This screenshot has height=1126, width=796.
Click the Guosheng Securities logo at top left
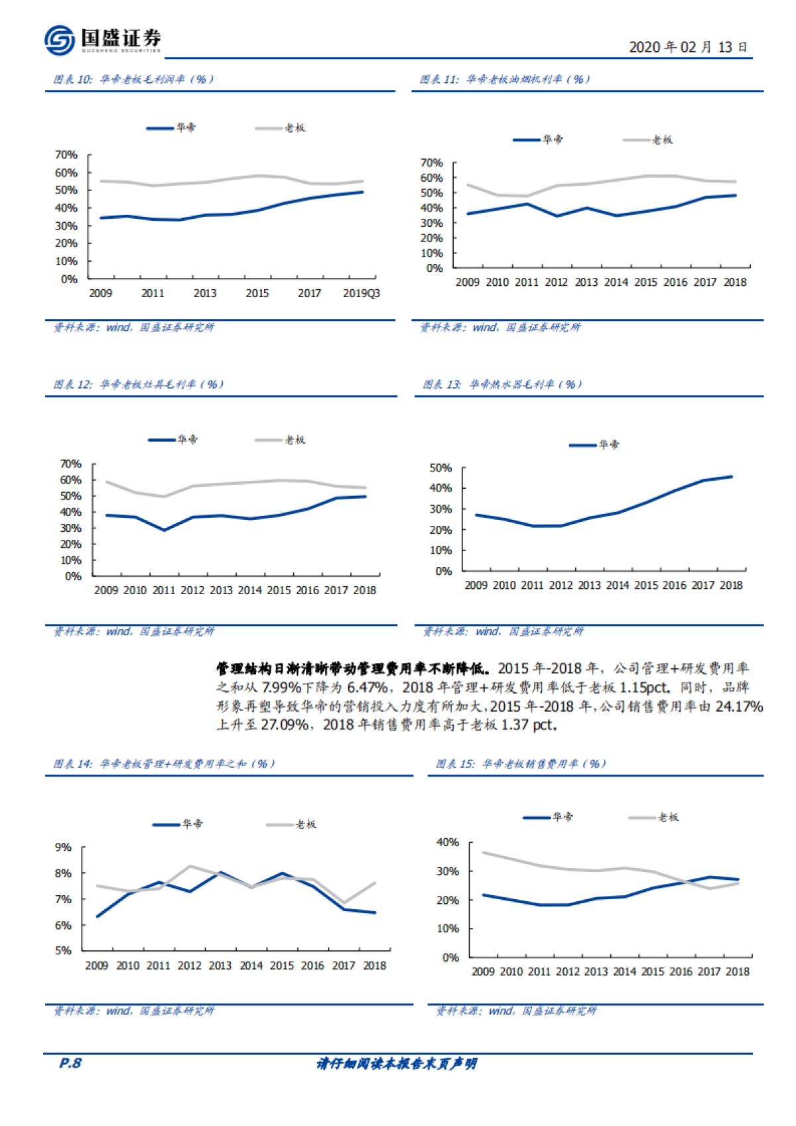click(103, 40)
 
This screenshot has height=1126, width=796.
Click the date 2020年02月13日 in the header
click(688, 47)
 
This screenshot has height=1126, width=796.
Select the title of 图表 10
click(133, 80)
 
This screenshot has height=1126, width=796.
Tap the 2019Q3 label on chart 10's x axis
click(362, 293)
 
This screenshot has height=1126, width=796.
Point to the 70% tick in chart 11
click(431, 163)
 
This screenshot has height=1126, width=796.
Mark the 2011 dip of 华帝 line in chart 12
click(165, 530)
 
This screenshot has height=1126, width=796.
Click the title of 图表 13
click(502, 385)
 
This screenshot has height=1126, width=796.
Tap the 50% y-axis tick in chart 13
click(441, 468)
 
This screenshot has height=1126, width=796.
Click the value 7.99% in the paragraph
click(282, 688)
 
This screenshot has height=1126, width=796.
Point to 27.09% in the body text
click(285, 725)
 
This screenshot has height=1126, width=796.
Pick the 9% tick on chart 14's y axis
click(63, 847)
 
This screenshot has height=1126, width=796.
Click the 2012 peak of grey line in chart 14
click(190, 866)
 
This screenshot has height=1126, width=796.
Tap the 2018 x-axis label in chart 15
click(738, 971)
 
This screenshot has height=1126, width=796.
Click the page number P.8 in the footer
click(70, 1063)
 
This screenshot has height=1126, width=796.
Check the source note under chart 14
click(134, 1011)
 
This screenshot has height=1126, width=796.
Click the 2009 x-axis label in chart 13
click(476, 586)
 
